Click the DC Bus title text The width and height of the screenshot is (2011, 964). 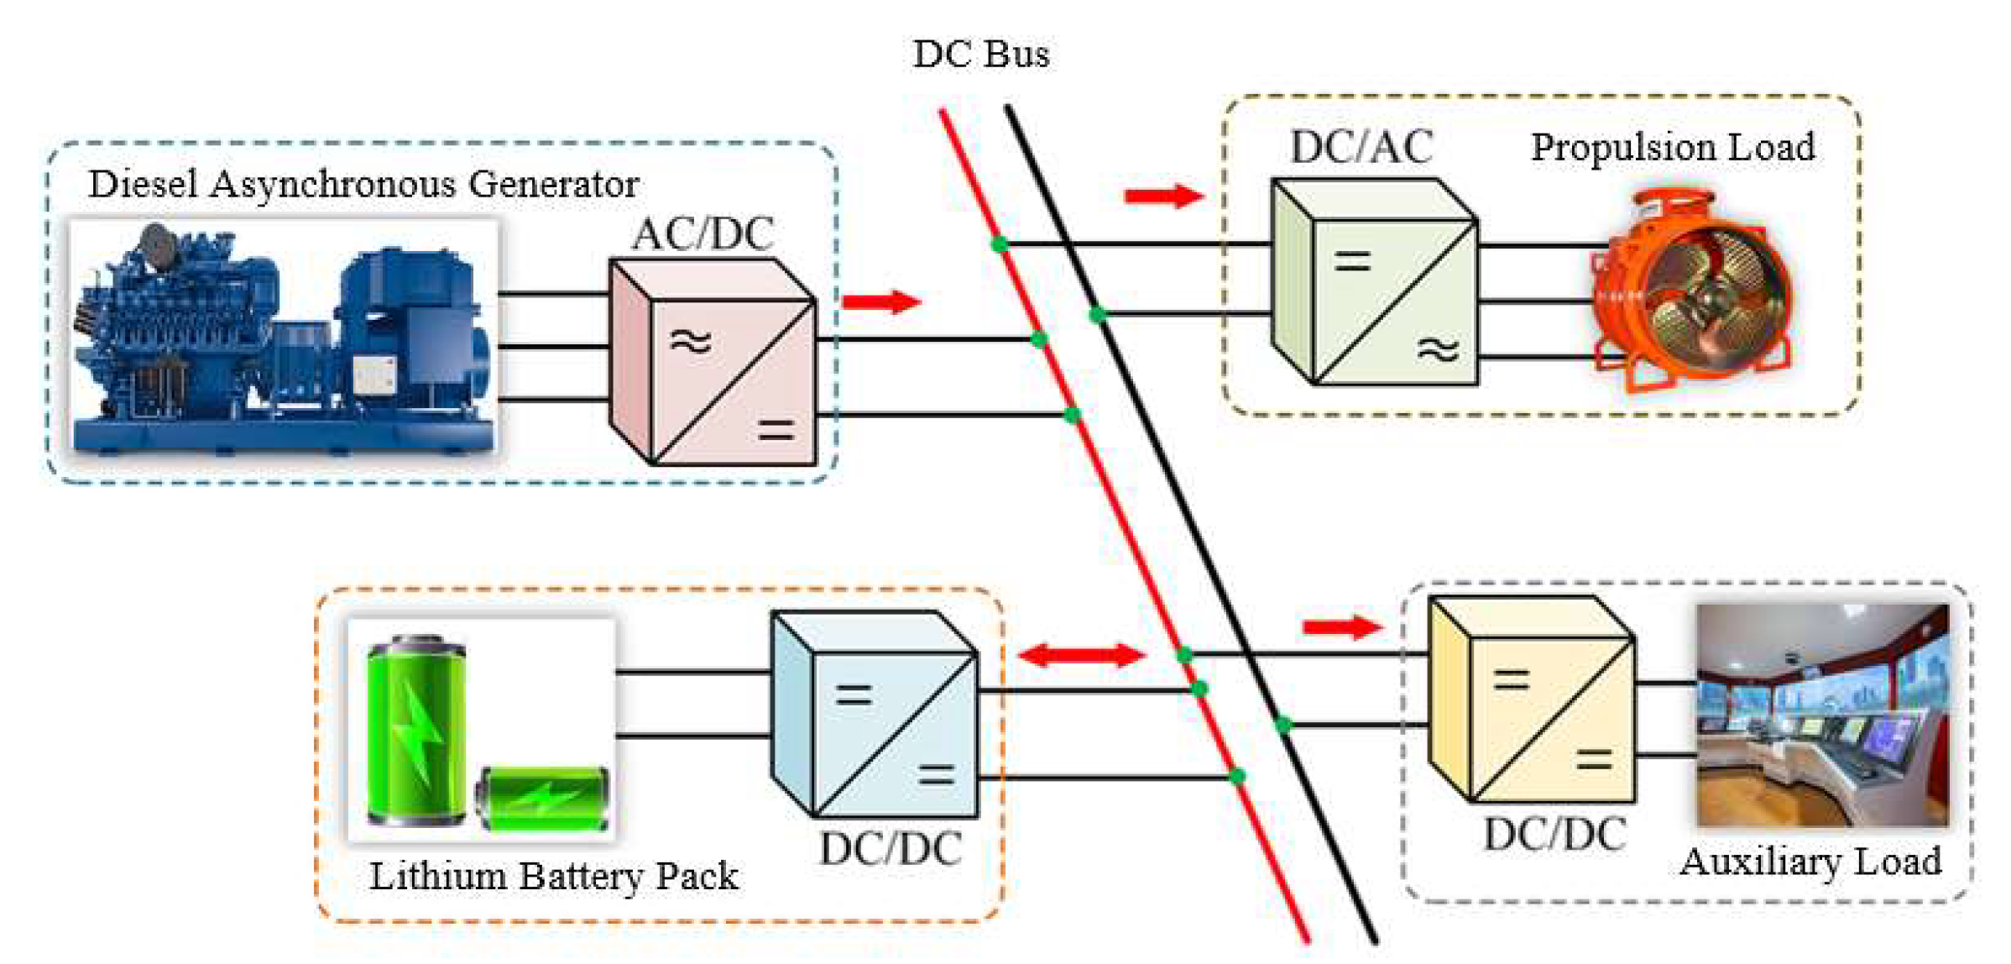click(980, 55)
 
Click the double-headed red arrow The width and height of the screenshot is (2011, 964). click(1081, 654)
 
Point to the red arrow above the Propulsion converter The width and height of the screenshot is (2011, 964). click(1163, 196)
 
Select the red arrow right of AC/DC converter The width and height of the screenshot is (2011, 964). click(881, 301)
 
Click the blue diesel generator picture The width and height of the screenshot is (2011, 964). click(284, 338)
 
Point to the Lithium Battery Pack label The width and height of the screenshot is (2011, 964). click(554, 876)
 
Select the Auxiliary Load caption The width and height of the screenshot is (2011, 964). click(1811, 862)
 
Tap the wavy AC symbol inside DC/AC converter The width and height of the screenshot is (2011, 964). click(1438, 348)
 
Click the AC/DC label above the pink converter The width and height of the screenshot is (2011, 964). click(703, 234)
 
